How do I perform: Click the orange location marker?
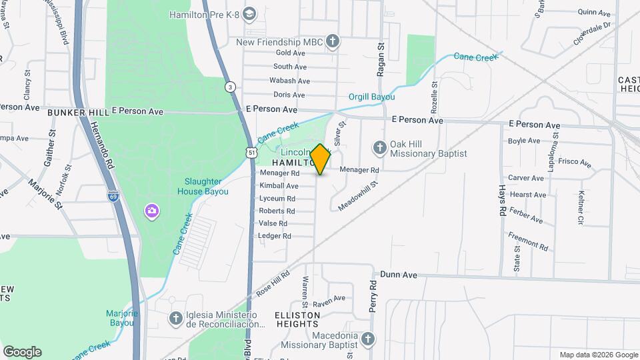point(321,159)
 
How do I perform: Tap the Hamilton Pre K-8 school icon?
point(249,13)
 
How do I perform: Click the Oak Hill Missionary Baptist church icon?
point(379,147)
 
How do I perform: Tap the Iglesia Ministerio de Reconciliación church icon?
point(175,319)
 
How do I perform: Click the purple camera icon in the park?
point(152,211)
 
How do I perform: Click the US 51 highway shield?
point(251,153)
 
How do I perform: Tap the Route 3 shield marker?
point(230,87)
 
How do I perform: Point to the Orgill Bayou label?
point(372,97)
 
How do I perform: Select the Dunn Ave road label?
point(399,274)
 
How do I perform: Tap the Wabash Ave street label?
point(289,81)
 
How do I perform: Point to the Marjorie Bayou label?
point(121,318)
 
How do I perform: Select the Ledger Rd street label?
point(275,236)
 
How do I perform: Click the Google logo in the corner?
point(22,352)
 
